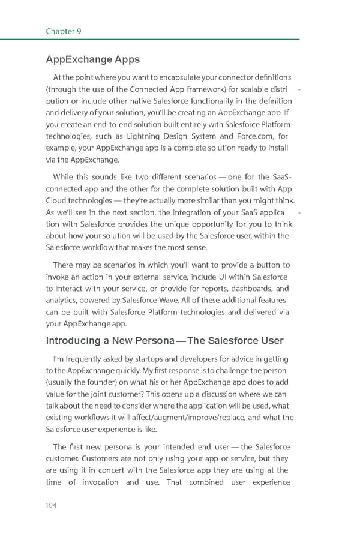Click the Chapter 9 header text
64,31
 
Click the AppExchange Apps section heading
92,59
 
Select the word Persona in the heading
155,341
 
